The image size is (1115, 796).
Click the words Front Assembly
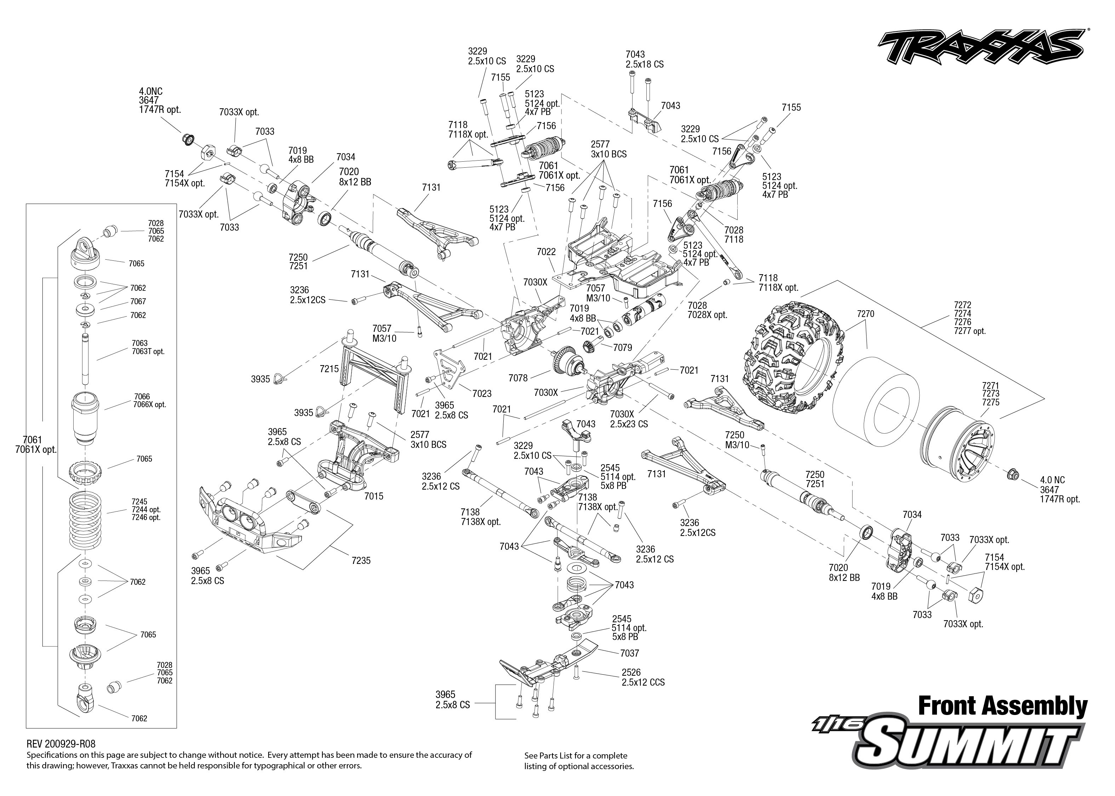[x=1002, y=706]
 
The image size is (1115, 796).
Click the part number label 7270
[x=865, y=314]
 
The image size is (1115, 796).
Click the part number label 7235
[x=361, y=561]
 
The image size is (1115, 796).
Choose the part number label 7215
[x=329, y=369]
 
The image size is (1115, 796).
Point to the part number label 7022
[x=546, y=252]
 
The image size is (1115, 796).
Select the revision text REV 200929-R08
[x=61, y=744]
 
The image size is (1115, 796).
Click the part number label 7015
[x=374, y=496]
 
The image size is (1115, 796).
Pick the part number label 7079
[x=623, y=347]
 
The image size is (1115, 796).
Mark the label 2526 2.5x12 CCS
[x=643, y=677]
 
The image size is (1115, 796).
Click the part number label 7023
[x=482, y=394]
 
